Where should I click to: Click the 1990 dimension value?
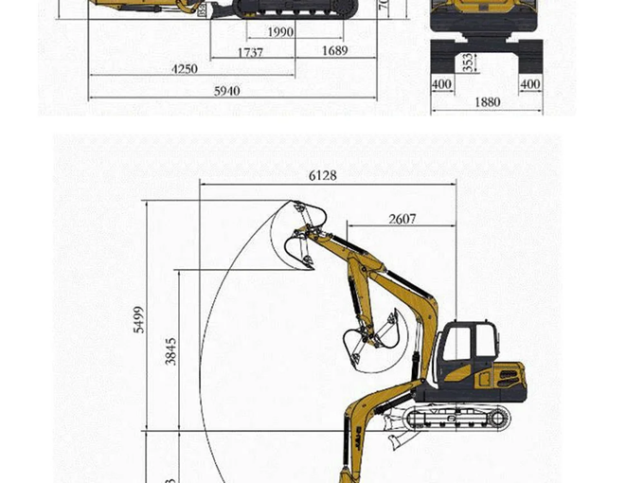coord(280,32)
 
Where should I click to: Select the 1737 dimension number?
coord(251,53)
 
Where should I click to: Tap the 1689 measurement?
coord(334,51)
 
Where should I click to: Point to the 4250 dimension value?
coord(185,69)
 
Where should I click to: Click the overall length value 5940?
coord(225,91)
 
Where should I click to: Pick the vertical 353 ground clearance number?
coord(469,63)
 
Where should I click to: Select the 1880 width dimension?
coord(487,102)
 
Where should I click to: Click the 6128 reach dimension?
coord(322,175)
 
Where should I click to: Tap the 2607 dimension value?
coord(402,220)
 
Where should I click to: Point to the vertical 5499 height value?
coord(139,320)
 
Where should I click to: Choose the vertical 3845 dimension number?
coord(171,351)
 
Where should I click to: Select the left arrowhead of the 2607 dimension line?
coord(349,227)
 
